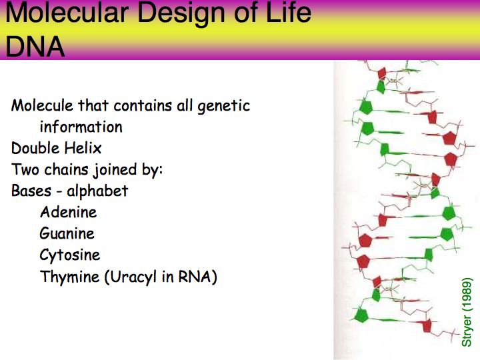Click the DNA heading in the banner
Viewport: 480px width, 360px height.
coord(35,47)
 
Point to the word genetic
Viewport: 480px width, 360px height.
coord(224,106)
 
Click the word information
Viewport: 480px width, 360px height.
coord(81,127)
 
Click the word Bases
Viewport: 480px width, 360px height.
coord(31,191)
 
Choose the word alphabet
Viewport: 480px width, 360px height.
coord(97,191)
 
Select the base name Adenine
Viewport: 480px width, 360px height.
coord(69,212)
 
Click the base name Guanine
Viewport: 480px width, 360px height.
coord(67,233)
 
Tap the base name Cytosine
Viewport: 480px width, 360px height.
coord(70,255)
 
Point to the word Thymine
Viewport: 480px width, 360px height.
coord(70,277)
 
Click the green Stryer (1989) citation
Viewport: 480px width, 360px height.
coord(467,312)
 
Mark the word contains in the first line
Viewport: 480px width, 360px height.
coord(143,105)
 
